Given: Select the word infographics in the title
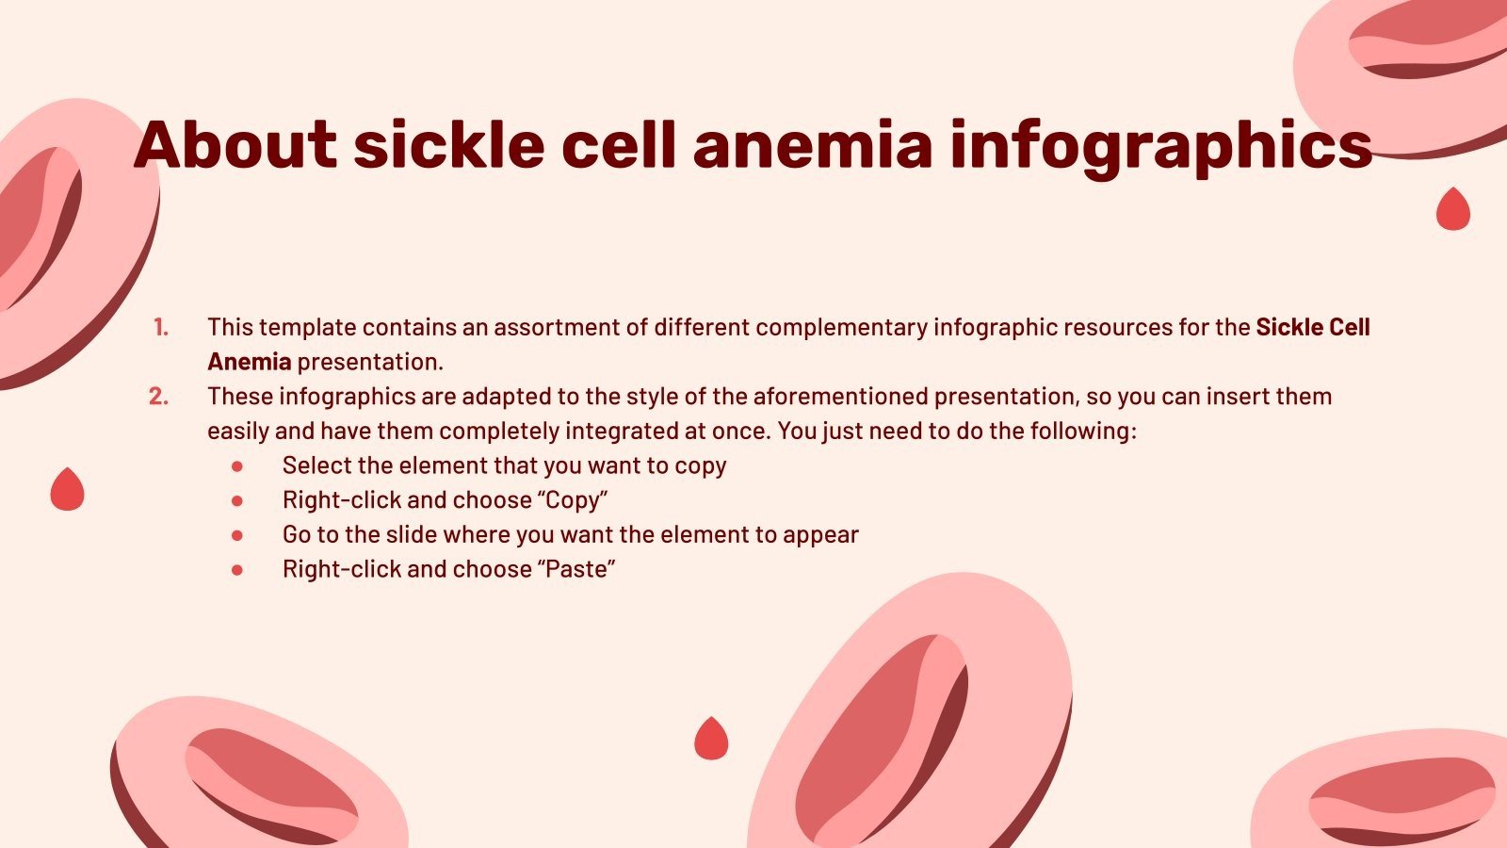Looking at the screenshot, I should click(x=1160, y=147).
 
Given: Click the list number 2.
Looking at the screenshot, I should click(x=159, y=397).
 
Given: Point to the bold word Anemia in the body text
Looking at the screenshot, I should click(x=250, y=362).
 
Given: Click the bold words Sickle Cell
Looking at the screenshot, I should click(x=1313, y=328).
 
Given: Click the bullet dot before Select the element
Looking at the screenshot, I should click(x=237, y=466).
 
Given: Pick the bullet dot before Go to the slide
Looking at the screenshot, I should click(x=237, y=535).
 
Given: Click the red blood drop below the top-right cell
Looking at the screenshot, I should click(x=1452, y=209).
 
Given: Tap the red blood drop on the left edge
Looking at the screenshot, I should click(x=67, y=490).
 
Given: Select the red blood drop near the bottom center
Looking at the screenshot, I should click(x=711, y=739).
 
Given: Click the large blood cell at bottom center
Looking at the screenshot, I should click(x=909, y=726).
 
